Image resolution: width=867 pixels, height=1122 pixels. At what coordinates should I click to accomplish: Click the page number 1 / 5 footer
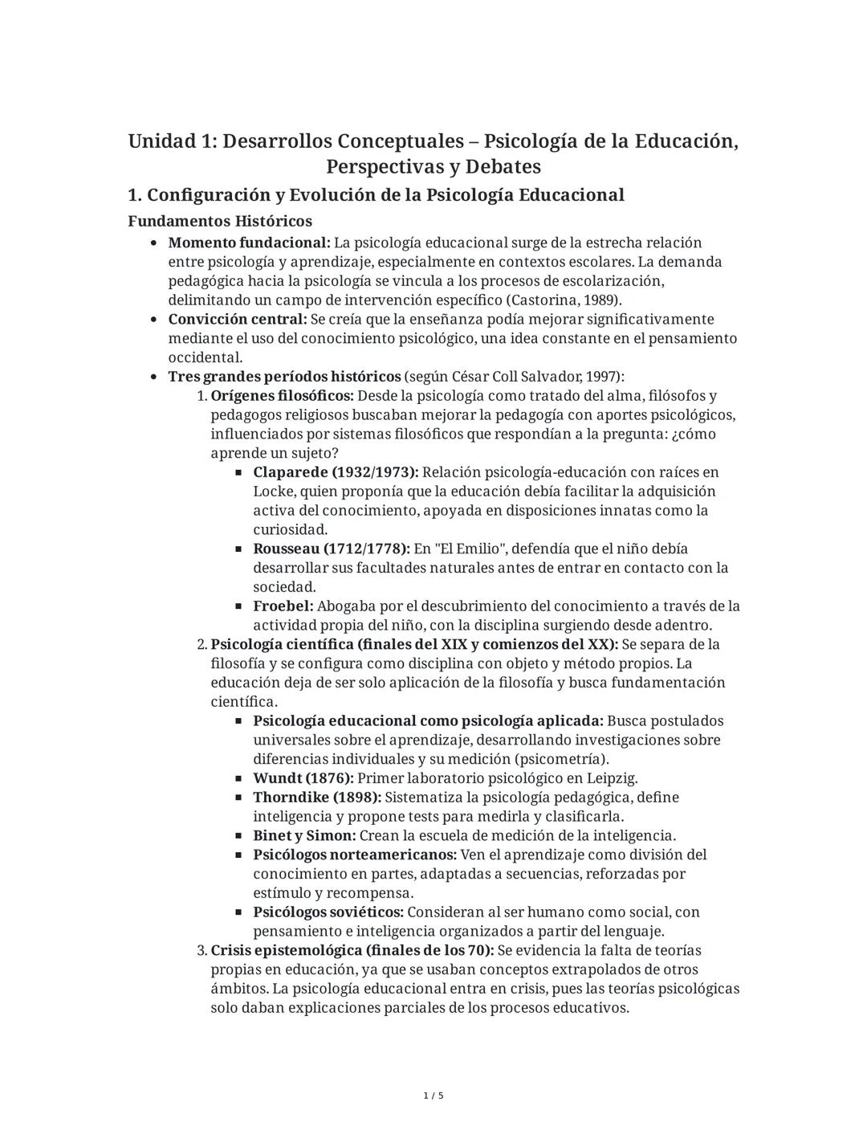433,1095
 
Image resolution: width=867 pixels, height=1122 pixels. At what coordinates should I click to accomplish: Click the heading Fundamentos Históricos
220,221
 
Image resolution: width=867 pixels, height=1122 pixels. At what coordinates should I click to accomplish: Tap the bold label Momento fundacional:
249,243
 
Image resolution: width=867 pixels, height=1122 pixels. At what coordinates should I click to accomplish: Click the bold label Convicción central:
238,320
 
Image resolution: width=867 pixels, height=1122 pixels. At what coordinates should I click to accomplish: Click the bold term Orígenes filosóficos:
282,396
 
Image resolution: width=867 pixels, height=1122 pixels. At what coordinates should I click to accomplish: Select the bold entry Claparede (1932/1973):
336,472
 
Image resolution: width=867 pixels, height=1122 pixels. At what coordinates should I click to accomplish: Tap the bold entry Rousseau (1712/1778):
332,549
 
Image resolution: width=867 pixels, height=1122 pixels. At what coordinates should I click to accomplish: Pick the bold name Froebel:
283,606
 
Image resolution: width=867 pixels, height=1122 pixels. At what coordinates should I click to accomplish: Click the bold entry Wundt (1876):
303,778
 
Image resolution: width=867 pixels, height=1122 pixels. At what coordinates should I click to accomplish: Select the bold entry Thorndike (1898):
317,798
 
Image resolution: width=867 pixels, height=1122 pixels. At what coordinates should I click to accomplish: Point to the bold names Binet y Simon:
304,836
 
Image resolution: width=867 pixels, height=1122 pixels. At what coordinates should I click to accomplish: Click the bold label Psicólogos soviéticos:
328,912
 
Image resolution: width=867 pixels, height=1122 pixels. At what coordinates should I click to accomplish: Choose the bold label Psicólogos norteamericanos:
355,855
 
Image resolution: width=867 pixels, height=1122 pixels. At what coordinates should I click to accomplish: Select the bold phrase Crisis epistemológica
287,951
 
